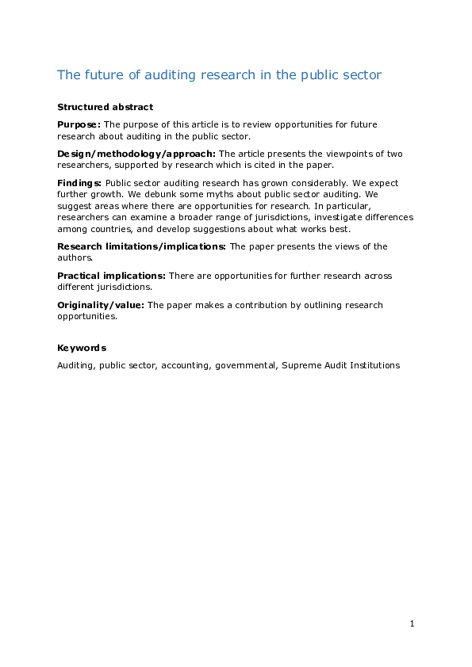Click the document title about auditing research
click(219, 75)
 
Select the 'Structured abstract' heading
click(105, 107)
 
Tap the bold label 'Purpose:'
click(79, 124)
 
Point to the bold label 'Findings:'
click(79, 183)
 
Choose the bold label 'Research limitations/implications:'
click(141, 246)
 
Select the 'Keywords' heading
click(82, 348)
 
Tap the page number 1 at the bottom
click(413, 624)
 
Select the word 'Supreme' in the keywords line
click(301, 366)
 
